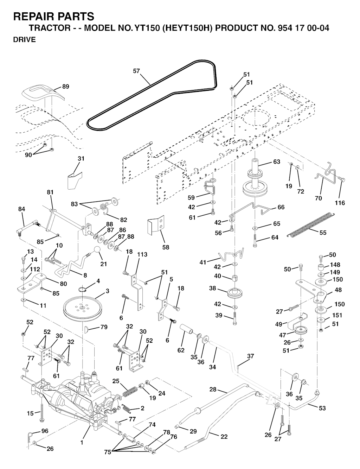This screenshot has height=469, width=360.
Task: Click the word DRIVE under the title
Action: (24, 40)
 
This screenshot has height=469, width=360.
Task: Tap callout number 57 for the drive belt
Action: (136, 71)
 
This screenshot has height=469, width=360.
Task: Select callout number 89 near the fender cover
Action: (65, 87)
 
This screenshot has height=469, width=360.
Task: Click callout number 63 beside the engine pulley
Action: (277, 161)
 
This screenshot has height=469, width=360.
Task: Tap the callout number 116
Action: (340, 203)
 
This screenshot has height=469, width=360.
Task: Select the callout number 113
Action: (142, 254)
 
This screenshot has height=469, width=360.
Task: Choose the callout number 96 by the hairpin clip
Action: (45, 431)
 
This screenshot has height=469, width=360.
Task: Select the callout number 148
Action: (335, 265)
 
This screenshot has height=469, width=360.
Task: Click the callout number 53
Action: (322, 408)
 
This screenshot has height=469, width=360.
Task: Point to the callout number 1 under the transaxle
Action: (82, 442)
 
